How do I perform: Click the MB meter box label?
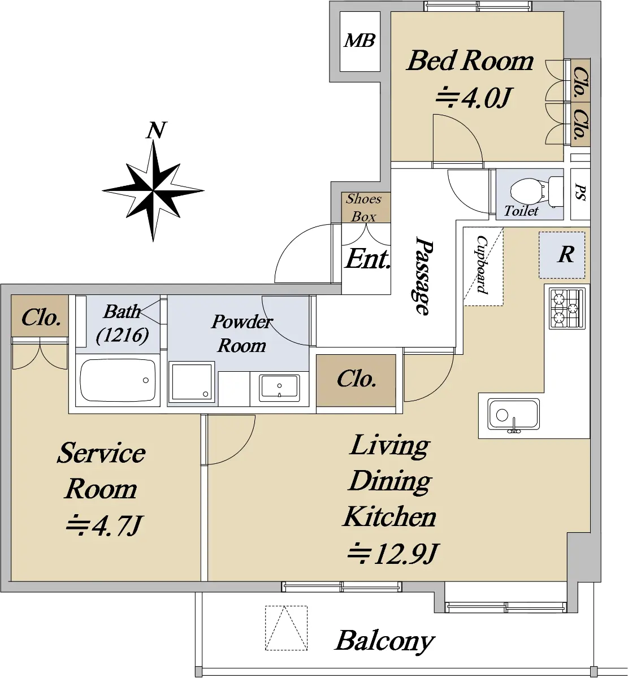[x=360, y=41]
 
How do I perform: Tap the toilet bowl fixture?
[x=536, y=192]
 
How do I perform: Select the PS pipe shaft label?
[x=581, y=193]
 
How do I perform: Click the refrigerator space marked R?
[x=562, y=255]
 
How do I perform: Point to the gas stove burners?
[x=567, y=308]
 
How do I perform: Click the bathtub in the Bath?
[x=118, y=380]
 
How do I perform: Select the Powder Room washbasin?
[x=279, y=388]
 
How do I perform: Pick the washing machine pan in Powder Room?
[x=191, y=382]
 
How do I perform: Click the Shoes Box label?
[x=364, y=207]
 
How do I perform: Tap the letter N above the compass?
[x=156, y=131]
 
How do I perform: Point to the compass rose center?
[x=153, y=190]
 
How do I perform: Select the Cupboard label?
[x=482, y=264]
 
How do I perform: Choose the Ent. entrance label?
[x=367, y=259]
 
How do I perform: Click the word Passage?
[x=424, y=275]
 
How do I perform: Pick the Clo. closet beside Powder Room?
[x=356, y=380]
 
